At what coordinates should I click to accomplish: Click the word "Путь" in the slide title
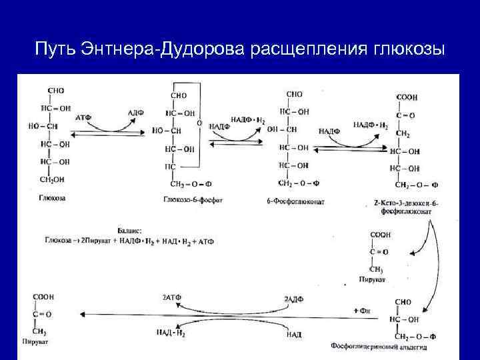pos(54,49)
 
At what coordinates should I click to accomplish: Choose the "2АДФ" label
pos(293,300)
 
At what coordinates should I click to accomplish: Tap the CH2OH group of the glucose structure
pos(53,179)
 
